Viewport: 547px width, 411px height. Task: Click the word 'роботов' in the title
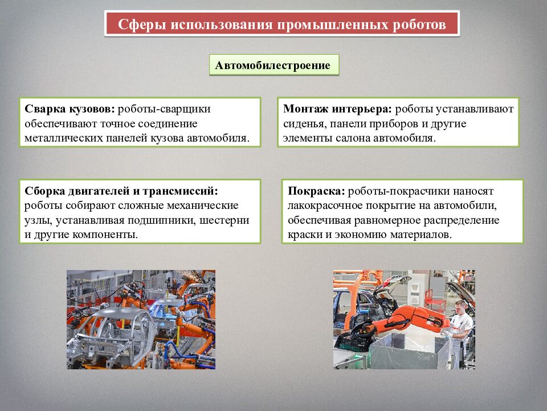tap(419, 25)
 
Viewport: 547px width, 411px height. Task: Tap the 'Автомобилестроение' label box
tap(273, 65)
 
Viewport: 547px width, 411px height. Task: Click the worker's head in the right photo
tap(460, 307)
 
